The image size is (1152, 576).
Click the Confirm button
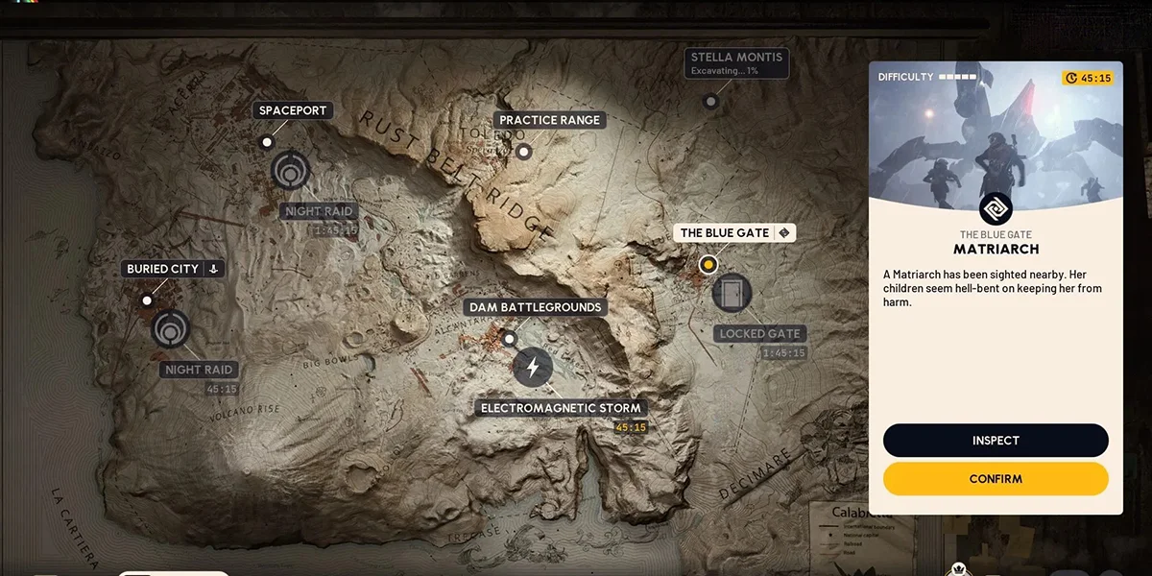(x=996, y=479)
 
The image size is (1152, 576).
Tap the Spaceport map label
(x=293, y=110)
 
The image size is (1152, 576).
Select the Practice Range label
(x=549, y=120)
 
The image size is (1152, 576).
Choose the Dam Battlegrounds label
(x=535, y=307)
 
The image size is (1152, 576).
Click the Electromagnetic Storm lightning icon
(x=533, y=368)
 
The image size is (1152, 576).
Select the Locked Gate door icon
(x=732, y=293)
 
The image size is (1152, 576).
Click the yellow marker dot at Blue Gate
(x=708, y=264)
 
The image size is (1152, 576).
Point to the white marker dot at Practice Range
(x=523, y=151)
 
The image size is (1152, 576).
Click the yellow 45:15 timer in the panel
(x=1089, y=78)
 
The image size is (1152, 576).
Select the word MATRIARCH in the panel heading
(x=996, y=250)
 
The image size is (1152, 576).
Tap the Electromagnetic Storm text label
(x=561, y=408)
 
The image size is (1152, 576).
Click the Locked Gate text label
(x=759, y=334)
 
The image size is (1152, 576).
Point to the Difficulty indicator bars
(x=957, y=77)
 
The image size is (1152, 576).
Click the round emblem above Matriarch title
(x=996, y=208)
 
